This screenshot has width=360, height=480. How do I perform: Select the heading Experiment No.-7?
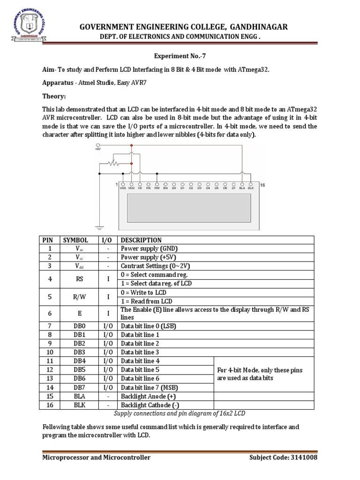pos(180,55)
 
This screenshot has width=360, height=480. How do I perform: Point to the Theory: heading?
pos(54,96)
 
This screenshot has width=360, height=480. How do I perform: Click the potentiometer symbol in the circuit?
pos(112,164)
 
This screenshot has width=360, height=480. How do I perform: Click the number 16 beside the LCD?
pos(262,185)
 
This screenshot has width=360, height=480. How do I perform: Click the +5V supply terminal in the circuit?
pos(97,149)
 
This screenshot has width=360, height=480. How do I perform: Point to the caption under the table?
pos(180,413)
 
